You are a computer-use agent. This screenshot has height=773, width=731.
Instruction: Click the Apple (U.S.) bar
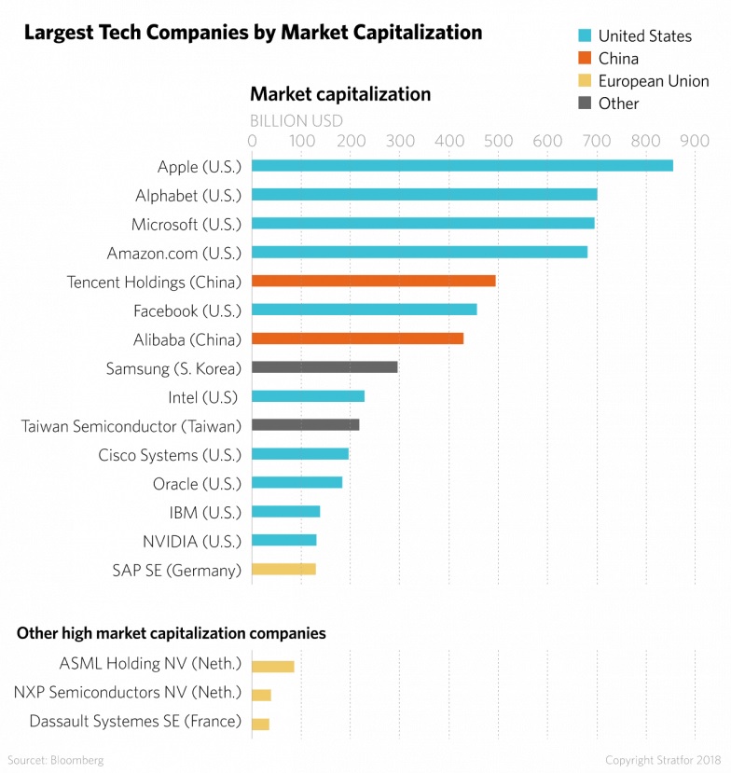(462, 166)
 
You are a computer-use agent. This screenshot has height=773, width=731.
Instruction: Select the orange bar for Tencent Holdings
(373, 281)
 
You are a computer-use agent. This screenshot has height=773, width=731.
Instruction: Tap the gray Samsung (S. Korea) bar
(324, 366)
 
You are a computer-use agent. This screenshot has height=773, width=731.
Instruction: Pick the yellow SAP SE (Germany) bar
(283, 569)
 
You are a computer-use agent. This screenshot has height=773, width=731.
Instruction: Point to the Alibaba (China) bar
(357, 338)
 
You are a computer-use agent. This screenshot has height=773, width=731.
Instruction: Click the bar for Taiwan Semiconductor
(305, 424)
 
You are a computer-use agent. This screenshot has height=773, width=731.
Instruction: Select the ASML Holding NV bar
(272, 666)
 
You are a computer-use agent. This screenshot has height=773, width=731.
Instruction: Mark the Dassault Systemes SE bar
(260, 724)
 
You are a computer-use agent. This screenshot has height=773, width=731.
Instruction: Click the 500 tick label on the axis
(498, 141)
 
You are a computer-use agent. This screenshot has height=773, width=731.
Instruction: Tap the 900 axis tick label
(695, 141)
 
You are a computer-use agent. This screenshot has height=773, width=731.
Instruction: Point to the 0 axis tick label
(252, 141)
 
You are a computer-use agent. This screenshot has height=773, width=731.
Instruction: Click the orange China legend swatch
(585, 59)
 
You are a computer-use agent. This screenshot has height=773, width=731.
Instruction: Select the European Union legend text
(654, 81)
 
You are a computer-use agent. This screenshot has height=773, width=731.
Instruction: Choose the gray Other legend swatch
(585, 104)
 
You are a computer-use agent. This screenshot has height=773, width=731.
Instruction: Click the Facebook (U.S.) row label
(187, 311)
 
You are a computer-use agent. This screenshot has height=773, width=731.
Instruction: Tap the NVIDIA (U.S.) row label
(191, 541)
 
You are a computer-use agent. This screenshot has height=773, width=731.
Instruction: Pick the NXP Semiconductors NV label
(128, 693)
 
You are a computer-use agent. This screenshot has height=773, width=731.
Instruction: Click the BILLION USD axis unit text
(297, 120)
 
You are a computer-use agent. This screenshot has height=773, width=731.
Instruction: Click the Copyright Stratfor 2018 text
(664, 760)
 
